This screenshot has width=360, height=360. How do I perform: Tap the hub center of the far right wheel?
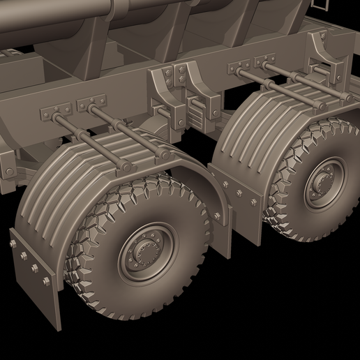pyautogui.click(x=325, y=183)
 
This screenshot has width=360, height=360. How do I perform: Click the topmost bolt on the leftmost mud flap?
pyautogui.click(x=13, y=243)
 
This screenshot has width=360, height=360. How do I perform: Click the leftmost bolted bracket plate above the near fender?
pyautogui.click(x=57, y=112)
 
